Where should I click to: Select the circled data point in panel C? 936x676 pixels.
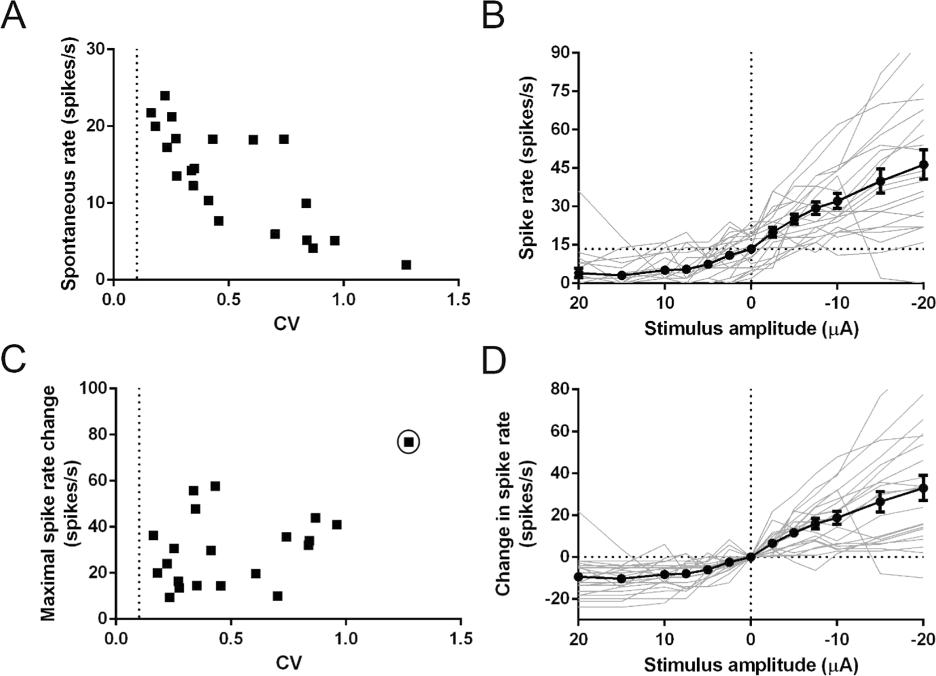click(x=408, y=442)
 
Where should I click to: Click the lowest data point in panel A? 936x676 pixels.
click(x=406, y=265)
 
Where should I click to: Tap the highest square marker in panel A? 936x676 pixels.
click(x=165, y=95)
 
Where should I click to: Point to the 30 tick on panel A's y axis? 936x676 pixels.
click(x=96, y=49)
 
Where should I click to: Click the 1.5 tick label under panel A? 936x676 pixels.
click(x=457, y=299)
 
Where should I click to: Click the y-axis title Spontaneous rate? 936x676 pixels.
click(x=69, y=165)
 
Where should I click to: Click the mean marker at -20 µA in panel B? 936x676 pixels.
click(x=923, y=165)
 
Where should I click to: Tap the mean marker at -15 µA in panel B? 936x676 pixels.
click(x=880, y=181)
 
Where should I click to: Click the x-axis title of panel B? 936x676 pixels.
click(x=751, y=328)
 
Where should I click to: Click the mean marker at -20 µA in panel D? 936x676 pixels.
click(x=923, y=488)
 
